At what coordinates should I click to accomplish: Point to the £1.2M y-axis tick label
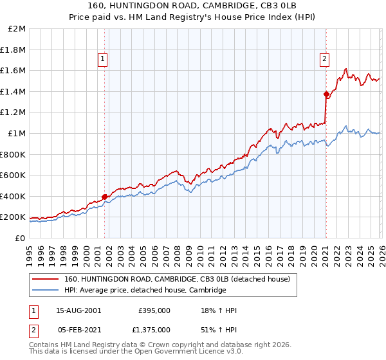click(14, 113)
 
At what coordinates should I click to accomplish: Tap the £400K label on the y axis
click(14, 196)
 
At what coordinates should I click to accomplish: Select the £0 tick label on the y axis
click(21, 238)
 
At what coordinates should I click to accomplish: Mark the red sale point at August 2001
click(105, 197)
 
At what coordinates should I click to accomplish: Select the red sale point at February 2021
click(326, 94)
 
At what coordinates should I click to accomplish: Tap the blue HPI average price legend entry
click(145, 291)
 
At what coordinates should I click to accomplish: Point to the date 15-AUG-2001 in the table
click(78, 310)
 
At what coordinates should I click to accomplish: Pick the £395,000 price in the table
click(154, 310)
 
